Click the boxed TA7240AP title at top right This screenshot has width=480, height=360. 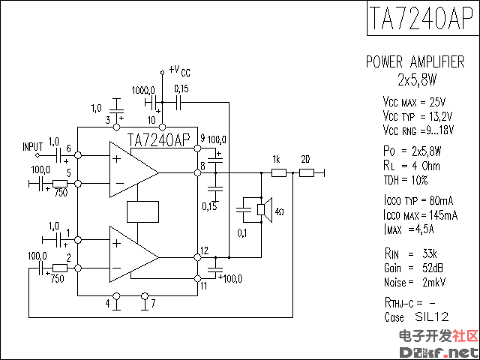coord(420,21)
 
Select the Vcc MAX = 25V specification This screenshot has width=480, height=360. coord(414,101)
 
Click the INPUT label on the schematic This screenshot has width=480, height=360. coord(33,145)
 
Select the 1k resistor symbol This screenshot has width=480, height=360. coord(278,172)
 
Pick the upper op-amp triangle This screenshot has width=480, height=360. coord(133,172)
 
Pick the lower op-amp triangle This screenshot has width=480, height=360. coord(133,256)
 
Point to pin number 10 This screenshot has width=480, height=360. coord(151,119)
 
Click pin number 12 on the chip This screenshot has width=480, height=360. coord(204,250)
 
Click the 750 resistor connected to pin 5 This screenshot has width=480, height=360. coord(60,183)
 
